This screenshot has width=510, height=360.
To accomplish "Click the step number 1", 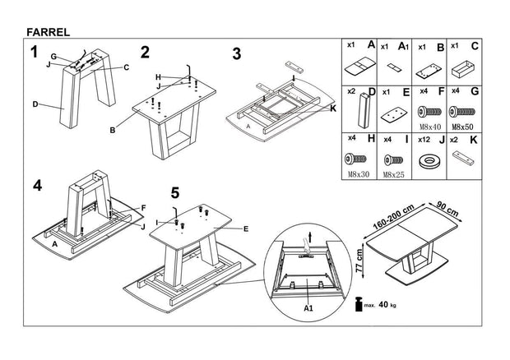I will tap(34, 53).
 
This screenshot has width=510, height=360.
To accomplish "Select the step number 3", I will tap(236, 54).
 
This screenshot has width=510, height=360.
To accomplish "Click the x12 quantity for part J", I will tap(425, 141).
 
